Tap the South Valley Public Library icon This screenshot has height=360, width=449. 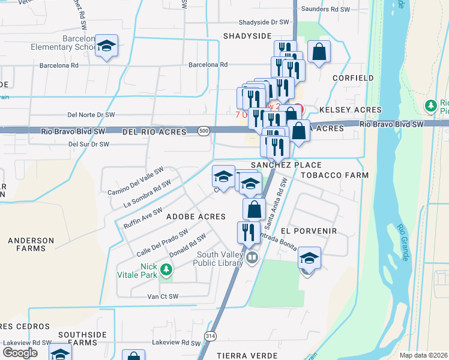click(x=253, y=259)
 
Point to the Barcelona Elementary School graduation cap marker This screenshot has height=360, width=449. click(x=106, y=46)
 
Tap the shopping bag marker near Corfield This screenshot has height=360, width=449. click(x=319, y=52)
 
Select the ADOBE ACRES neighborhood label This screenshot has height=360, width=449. click(x=196, y=217)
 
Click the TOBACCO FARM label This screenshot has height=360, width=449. click(x=334, y=175)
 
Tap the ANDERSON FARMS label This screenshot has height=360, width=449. click(x=26, y=244)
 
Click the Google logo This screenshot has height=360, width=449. click(x=20, y=353)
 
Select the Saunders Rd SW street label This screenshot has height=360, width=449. click(x=325, y=9)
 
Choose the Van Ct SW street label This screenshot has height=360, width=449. click(x=163, y=296)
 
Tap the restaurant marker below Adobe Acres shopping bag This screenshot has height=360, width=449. click(x=249, y=233)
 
